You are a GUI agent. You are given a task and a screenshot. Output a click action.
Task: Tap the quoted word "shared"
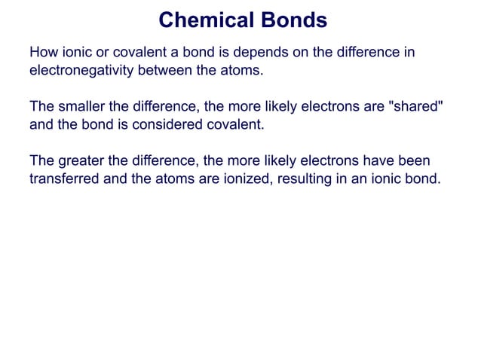[411, 106]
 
